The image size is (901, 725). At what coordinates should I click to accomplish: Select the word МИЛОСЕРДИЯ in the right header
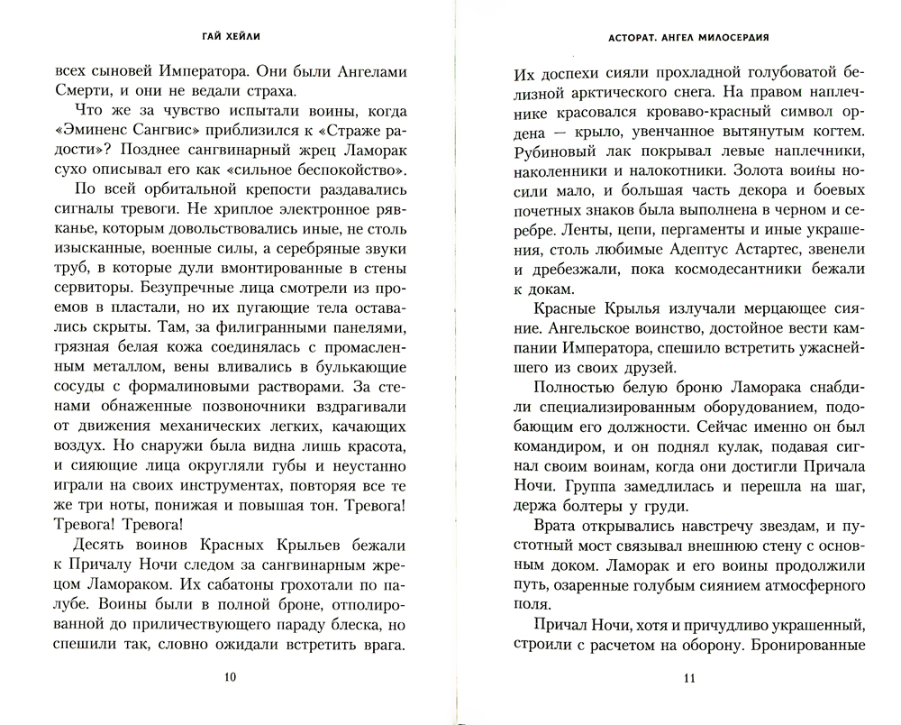pyautogui.click(x=733, y=40)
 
